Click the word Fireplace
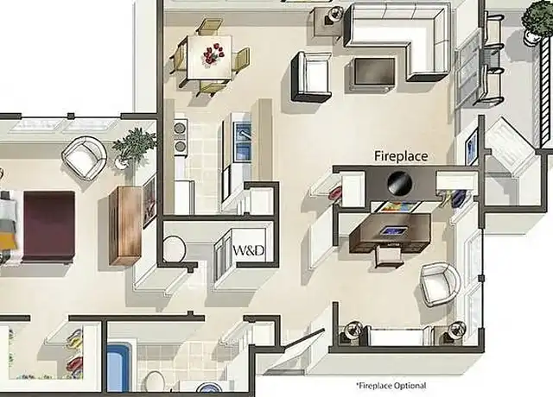(x=401, y=156)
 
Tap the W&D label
(x=249, y=250)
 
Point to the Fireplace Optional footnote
(x=391, y=386)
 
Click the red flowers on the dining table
(x=213, y=54)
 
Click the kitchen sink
(x=243, y=141)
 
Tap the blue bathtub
(x=118, y=369)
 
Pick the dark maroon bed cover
(x=49, y=226)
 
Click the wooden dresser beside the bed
(x=125, y=225)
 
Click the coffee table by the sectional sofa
(x=374, y=72)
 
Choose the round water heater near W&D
(x=175, y=249)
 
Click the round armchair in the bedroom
(x=85, y=157)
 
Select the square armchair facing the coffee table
(x=312, y=77)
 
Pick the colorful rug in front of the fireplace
(x=399, y=206)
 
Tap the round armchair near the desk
(x=441, y=284)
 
